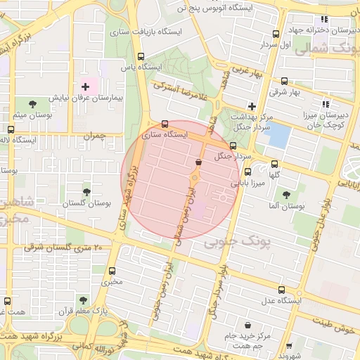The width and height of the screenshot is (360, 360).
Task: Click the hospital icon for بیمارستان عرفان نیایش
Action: click(86, 87)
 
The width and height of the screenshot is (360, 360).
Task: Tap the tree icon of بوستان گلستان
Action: click(86, 191)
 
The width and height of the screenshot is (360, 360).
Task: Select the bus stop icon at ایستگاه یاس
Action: click(141, 56)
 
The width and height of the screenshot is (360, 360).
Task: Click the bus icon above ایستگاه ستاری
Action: click(165, 123)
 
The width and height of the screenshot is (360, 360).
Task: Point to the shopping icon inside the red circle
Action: click(198, 162)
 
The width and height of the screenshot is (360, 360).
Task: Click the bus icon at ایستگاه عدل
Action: click(282, 290)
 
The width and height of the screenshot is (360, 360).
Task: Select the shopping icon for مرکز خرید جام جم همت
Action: click(250, 325)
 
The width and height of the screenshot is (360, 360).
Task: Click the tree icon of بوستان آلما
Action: click(286, 195)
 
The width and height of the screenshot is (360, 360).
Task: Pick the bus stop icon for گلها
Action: click(274, 164)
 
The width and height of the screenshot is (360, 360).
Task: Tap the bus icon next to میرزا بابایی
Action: click(247, 172)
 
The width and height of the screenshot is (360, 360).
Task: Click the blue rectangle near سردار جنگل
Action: click(278, 135)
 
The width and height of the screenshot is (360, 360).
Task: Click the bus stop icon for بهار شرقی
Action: click(284, 81)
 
